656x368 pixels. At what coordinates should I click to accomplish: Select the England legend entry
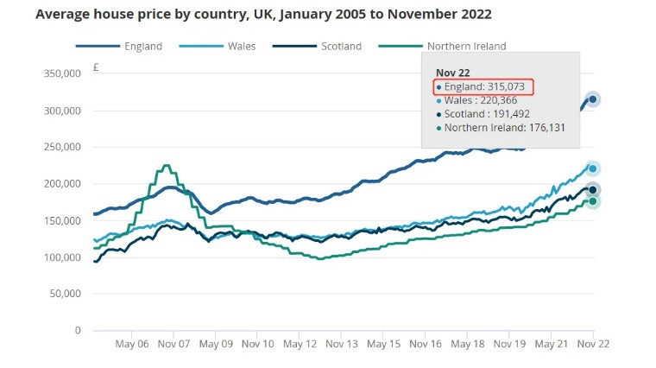pyautogui.click(x=142, y=46)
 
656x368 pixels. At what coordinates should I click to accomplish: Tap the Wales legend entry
pyautogui.click(x=240, y=46)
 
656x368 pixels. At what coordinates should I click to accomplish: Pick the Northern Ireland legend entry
pyautogui.click(x=466, y=46)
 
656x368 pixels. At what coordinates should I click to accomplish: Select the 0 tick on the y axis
pyautogui.click(x=77, y=331)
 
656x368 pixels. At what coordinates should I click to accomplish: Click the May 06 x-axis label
pyautogui.click(x=131, y=344)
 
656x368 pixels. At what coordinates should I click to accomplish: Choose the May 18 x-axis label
pyautogui.click(x=468, y=344)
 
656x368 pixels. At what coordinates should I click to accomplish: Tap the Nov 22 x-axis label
pyautogui.click(x=592, y=344)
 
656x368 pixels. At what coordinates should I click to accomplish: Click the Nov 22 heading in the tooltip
pyautogui.click(x=452, y=73)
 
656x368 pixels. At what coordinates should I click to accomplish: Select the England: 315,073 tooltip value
pyautogui.click(x=485, y=86)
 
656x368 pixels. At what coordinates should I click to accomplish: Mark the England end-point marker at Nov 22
pyautogui.click(x=593, y=99)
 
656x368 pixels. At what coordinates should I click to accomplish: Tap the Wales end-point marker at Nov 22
pyautogui.click(x=593, y=168)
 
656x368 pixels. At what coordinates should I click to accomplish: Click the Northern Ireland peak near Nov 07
pyautogui.click(x=167, y=166)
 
